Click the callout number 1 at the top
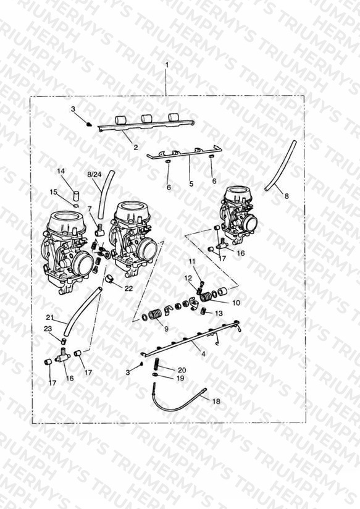coord(167,65)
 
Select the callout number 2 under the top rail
coord(136,147)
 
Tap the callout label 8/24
coord(94,174)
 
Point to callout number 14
coord(61,171)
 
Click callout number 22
coord(129,288)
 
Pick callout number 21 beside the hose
coord(49,317)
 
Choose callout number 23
coord(48,329)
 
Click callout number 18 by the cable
coord(216,402)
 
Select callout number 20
coord(182,370)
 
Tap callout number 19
coord(180,378)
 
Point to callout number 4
coord(204,354)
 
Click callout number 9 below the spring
coord(166,329)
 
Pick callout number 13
coord(219,313)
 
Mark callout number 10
coord(237,303)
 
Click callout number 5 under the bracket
coord(191,183)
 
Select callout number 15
coord(54,192)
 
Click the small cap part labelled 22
coord(111,279)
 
